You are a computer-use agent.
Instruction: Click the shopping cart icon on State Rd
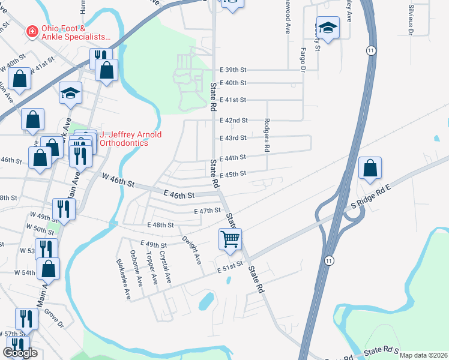231,239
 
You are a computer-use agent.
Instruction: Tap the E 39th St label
233,70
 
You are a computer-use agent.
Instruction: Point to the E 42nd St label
233,121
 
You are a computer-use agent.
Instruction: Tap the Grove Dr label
52,318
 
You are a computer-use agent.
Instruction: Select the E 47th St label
208,211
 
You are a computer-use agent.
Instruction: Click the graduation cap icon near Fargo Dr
328,27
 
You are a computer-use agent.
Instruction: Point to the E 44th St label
233,157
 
